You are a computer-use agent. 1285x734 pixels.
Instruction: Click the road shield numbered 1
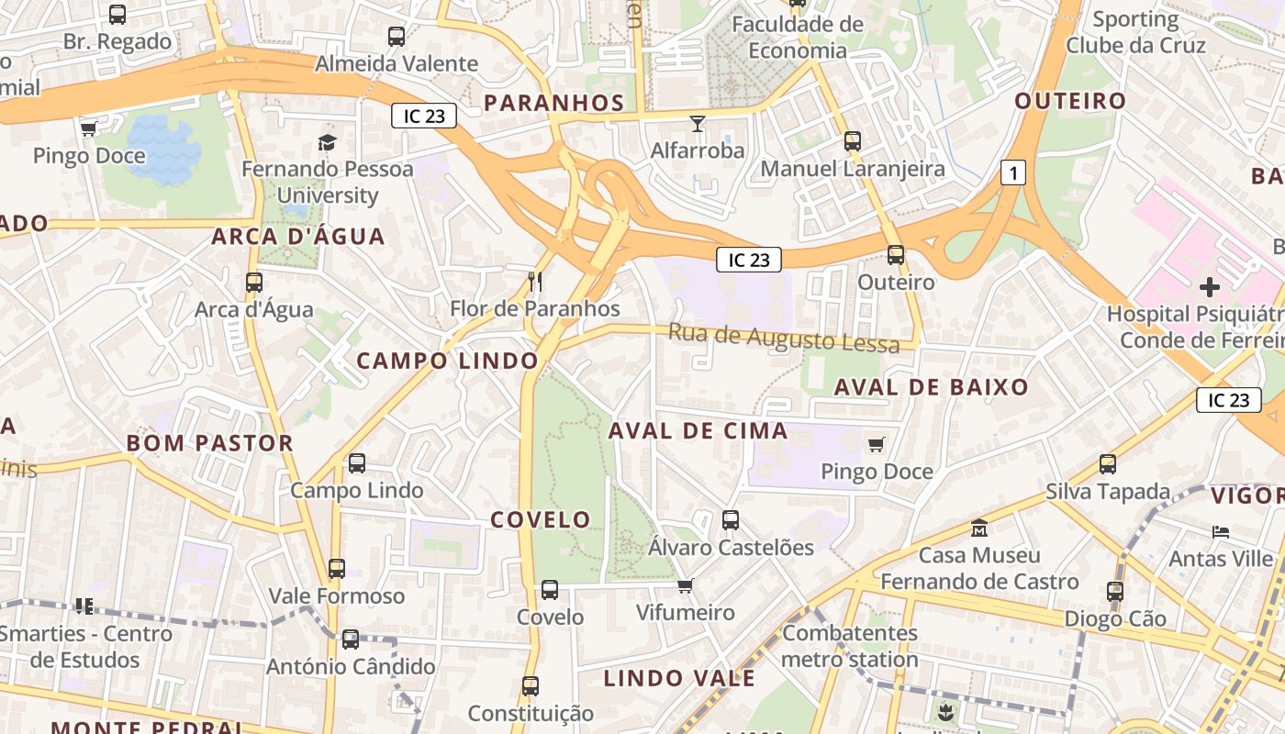tap(1012, 172)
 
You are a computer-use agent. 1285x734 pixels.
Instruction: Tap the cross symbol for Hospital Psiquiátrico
tap(1210, 287)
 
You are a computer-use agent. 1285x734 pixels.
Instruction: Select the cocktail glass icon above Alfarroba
tap(698, 123)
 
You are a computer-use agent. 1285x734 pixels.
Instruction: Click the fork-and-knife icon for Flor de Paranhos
tap(536, 281)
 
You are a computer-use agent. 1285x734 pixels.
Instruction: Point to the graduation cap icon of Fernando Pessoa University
tap(327, 141)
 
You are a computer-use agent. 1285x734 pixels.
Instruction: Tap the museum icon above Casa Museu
tap(979, 528)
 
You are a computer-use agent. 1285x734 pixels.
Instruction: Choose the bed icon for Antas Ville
tap(1220, 531)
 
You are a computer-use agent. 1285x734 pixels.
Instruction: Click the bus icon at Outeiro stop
tap(896, 255)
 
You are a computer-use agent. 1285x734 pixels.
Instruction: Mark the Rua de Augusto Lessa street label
tap(783, 338)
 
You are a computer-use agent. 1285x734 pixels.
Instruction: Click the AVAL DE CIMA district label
tap(698, 430)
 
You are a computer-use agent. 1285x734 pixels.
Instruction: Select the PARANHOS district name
tap(553, 103)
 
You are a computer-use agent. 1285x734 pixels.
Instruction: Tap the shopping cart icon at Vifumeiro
tap(685, 585)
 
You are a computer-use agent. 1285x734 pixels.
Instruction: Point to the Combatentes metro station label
tap(850, 646)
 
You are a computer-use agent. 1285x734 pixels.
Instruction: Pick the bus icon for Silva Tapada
tap(1108, 464)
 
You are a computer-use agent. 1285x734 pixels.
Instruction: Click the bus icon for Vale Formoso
tap(337, 569)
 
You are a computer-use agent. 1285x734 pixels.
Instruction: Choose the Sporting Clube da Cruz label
tap(1135, 32)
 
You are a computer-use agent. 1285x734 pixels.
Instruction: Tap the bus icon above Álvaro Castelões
tap(731, 520)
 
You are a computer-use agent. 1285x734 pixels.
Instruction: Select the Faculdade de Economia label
tap(798, 37)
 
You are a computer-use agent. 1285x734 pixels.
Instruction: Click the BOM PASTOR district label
tap(209, 443)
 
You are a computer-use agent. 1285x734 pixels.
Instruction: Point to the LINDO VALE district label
tap(679, 679)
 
